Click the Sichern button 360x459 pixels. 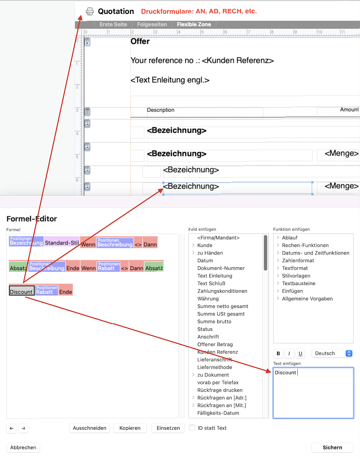[x=332, y=448]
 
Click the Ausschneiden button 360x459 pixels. [x=89, y=428]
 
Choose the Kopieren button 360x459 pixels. [x=130, y=428]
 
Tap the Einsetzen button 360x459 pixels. [x=168, y=428]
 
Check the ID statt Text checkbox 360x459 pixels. [x=193, y=428]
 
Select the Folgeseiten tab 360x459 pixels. [x=152, y=25]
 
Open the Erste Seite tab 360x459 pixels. [x=113, y=25]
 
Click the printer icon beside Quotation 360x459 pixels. [x=90, y=11]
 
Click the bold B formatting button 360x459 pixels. [x=278, y=354]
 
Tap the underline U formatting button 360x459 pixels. [x=300, y=354]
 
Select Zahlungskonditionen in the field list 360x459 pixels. [x=222, y=291]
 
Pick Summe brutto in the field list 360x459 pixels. [x=214, y=321]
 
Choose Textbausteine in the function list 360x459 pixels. [x=299, y=283]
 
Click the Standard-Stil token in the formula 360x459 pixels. [x=62, y=243]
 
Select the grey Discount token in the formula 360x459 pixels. [x=21, y=292]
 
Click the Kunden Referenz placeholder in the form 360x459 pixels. [x=238, y=61]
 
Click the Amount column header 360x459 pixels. [x=349, y=110]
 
